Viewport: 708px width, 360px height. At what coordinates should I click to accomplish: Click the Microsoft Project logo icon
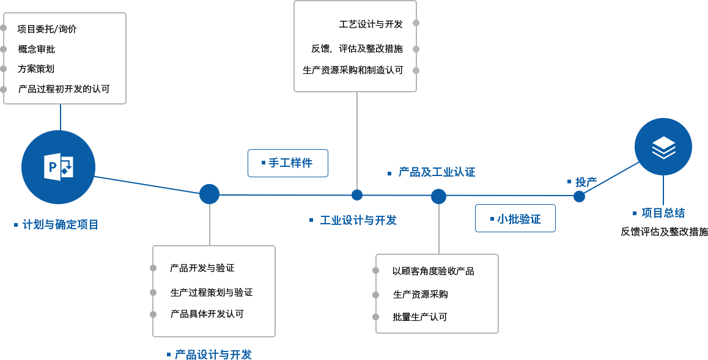click(x=59, y=167)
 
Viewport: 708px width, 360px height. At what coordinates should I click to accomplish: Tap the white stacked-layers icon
click(x=663, y=147)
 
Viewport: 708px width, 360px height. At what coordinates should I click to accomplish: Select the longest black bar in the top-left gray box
click(x=64, y=89)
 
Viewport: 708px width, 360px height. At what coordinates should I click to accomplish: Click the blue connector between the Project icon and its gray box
click(x=60, y=117)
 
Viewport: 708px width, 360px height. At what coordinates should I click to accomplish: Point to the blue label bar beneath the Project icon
click(x=60, y=224)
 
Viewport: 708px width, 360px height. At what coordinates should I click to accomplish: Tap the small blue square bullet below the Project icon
click(x=16, y=225)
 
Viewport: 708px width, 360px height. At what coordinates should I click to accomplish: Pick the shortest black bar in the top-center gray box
click(x=371, y=24)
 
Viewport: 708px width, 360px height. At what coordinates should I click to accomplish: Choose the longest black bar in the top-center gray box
click(x=353, y=70)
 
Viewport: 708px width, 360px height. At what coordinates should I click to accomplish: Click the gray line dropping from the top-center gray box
click(x=357, y=141)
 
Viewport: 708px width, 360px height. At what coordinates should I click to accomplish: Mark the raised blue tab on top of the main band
click(x=287, y=149)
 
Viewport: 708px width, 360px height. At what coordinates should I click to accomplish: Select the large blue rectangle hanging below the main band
click(x=515, y=218)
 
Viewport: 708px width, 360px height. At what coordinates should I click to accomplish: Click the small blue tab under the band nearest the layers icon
click(x=578, y=199)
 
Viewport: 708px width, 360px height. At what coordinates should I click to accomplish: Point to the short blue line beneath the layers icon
click(x=663, y=191)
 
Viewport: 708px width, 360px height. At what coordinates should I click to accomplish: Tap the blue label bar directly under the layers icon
click(x=663, y=213)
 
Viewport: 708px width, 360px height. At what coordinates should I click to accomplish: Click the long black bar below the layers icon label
click(x=664, y=232)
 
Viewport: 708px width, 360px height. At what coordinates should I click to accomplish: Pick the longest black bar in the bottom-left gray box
click(x=212, y=292)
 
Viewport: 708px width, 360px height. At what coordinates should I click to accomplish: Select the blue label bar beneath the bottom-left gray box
click(x=213, y=354)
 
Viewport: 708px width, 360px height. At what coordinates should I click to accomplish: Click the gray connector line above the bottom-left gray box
click(x=209, y=224)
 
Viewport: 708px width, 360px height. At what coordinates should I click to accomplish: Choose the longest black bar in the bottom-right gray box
click(x=433, y=271)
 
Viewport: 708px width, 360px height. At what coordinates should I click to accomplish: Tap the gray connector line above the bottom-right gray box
click(x=438, y=228)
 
